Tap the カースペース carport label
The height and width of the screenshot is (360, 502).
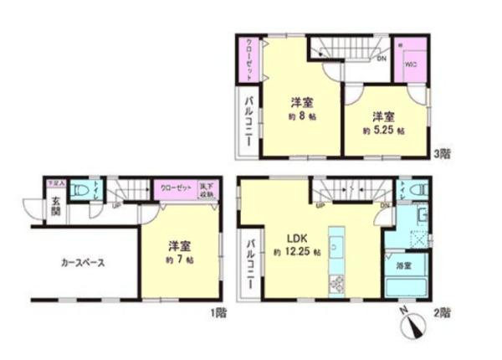[x=82, y=262]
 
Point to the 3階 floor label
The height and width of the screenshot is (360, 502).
[x=443, y=156]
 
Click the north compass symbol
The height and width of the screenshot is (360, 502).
[x=412, y=325]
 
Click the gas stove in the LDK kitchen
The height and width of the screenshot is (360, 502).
[x=338, y=284]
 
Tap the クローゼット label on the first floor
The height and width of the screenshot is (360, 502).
[x=177, y=188]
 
